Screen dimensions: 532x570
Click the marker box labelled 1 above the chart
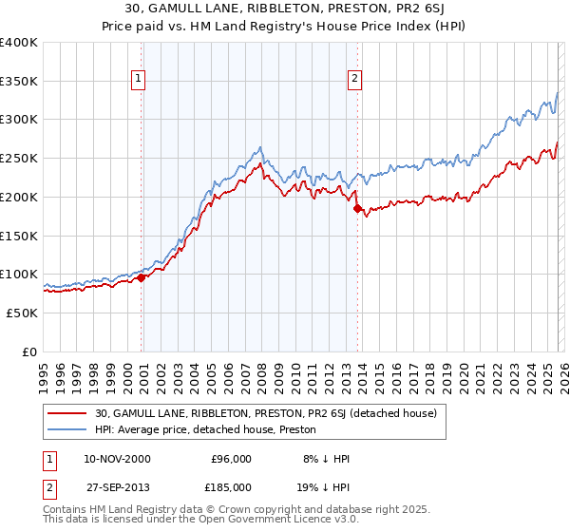click(x=139, y=79)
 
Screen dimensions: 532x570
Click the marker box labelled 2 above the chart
click(x=354, y=79)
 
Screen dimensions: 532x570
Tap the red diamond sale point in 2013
click(x=357, y=208)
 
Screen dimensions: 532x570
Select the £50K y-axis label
click(x=22, y=313)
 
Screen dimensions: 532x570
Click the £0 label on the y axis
click(x=28, y=351)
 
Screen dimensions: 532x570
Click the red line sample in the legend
click(x=68, y=413)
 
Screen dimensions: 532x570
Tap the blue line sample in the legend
click(x=68, y=429)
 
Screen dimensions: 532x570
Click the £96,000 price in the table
click(x=230, y=459)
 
